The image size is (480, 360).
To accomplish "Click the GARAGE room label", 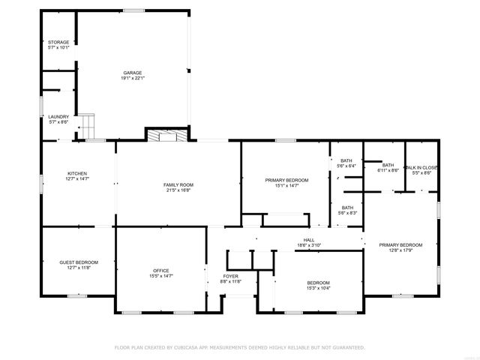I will point(133,73).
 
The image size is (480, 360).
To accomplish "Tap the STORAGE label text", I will point(58,42).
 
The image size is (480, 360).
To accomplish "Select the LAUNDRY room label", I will point(58,116).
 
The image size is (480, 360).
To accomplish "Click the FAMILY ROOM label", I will point(178,184).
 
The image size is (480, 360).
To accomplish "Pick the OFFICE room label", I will point(161,271).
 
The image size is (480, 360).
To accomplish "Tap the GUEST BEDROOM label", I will point(79,262).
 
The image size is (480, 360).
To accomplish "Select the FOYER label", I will point(231,276).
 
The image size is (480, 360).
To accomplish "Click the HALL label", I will point(308,240).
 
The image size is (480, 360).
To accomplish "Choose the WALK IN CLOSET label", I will point(421,167).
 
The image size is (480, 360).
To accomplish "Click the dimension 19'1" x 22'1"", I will point(133,78).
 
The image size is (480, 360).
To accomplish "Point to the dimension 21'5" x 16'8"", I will point(178,190).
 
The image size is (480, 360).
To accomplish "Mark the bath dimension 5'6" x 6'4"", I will point(346,166).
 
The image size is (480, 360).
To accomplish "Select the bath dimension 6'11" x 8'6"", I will point(388,170).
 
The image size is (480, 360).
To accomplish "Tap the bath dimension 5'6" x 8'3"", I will point(348,213).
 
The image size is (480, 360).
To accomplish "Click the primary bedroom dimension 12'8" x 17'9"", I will point(400,250).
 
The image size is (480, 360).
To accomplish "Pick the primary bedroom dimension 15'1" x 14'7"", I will point(286,185).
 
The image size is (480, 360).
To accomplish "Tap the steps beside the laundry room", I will point(88,123).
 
